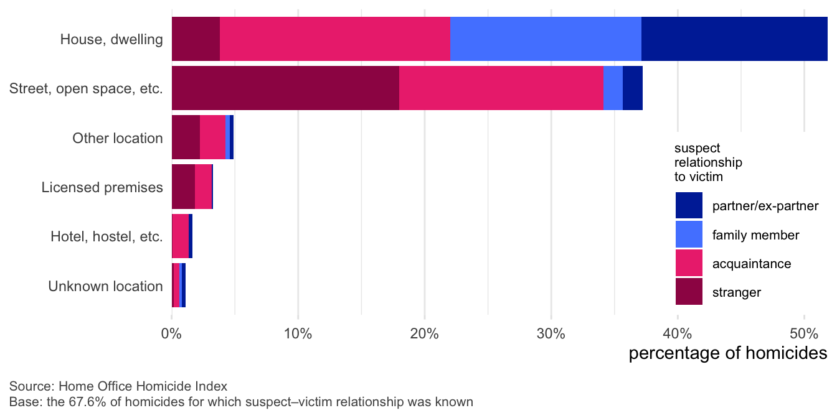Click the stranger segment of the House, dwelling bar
[196, 39]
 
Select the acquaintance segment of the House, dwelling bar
[335, 39]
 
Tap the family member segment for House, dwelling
[546, 39]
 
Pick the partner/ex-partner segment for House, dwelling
[734, 39]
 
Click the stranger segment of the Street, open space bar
[285, 88]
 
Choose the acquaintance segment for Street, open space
[501, 88]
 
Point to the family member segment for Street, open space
[613, 88]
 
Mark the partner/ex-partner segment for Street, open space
[632, 88]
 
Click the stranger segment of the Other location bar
[186, 137]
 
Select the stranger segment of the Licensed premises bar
[183, 187]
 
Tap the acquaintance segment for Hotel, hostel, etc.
[181, 236]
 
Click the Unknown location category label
[105, 287]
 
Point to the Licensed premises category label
[102, 187]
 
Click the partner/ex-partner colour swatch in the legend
[689, 206]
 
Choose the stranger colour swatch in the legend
[689, 292]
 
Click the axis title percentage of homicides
[727, 353]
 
